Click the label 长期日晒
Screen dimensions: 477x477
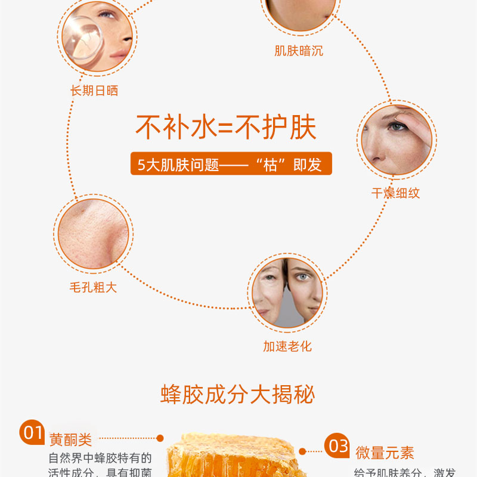[x=94, y=91]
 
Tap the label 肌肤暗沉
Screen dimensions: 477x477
[x=299, y=51]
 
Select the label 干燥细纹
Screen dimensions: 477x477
[x=395, y=193]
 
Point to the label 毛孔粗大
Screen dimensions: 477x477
[x=94, y=287]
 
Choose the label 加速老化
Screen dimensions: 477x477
[x=287, y=346]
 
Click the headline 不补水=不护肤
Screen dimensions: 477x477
[x=226, y=127]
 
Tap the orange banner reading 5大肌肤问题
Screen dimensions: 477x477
[x=231, y=163]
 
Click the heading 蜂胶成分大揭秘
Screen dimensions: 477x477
[x=237, y=395]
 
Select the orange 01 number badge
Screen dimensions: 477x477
[x=32, y=432]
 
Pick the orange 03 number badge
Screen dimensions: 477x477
[x=337, y=445]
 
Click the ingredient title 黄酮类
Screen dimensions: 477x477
[x=70, y=439]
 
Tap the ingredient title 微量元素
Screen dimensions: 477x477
[x=385, y=453]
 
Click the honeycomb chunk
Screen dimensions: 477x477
[x=233, y=456]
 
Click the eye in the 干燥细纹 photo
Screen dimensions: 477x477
[x=397, y=126]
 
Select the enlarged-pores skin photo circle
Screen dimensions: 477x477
[x=94, y=234]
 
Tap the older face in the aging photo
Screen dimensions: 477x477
[x=269, y=290]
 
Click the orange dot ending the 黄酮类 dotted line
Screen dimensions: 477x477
[x=160, y=438]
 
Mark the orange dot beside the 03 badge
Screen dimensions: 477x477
[x=302, y=451]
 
